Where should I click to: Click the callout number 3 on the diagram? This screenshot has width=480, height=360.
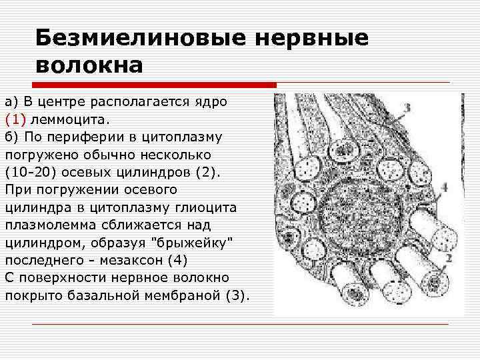[x=407, y=107]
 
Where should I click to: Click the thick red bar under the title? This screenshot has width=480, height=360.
[x=154, y=85]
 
